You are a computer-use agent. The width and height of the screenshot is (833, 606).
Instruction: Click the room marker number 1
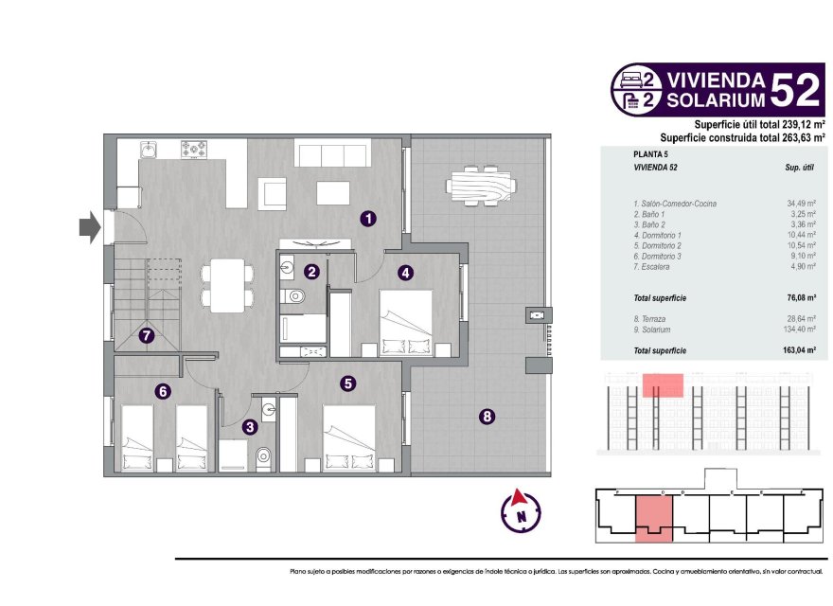(x=368, y=219)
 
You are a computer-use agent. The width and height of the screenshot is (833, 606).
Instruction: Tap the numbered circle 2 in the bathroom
(x=311, y=272)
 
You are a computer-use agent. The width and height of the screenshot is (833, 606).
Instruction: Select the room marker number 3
(x=249, y=427)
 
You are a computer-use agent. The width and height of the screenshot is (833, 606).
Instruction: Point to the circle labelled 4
(x=405, y=273)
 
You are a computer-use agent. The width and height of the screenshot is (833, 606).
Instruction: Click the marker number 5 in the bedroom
(x=348, y=383)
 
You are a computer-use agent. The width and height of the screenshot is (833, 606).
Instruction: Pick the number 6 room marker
(x=163, y=390)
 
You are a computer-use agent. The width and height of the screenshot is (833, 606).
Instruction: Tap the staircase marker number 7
(x=146, y=334)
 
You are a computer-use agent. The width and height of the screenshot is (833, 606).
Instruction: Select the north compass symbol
(x=521, y=511)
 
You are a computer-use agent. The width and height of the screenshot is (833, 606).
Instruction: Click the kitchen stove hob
(x=195, y=148)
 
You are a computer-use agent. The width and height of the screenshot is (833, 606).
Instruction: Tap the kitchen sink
(x=149, y=149)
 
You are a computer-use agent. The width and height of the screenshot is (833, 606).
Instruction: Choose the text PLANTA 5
(x=650, y=153)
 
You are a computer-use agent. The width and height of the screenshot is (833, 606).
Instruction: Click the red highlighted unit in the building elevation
(x=663, y=383)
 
